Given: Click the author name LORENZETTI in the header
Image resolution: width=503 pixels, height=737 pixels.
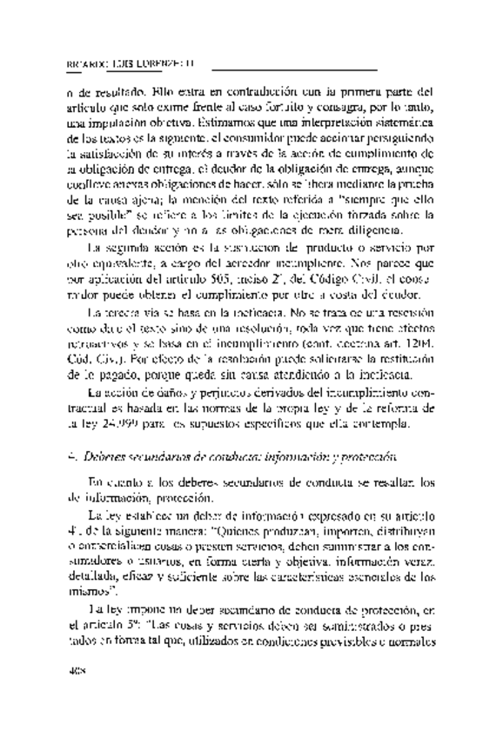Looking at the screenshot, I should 162,63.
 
